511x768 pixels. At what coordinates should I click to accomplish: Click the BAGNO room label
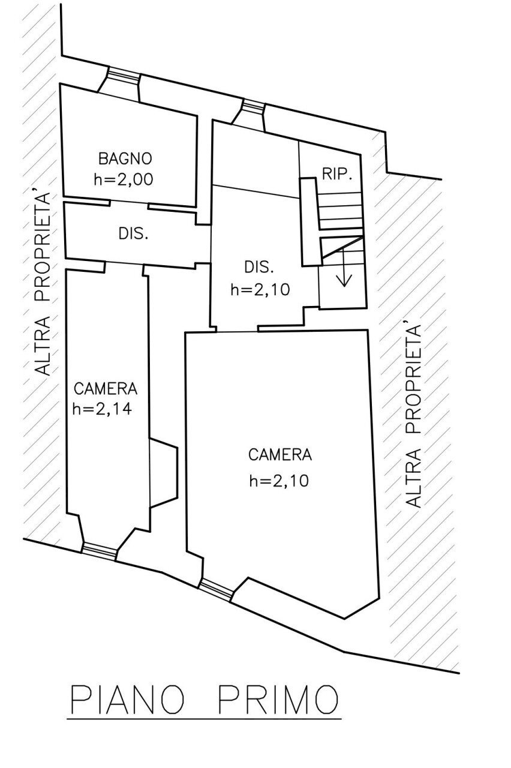125,159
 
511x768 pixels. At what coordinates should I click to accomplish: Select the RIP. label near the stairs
336,174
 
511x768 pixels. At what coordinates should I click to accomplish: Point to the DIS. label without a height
133,234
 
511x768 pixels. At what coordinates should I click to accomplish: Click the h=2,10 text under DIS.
260,289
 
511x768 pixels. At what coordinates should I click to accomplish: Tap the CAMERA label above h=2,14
105,389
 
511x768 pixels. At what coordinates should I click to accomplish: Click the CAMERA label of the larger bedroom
279,455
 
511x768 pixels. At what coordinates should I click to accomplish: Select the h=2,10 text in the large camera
279,481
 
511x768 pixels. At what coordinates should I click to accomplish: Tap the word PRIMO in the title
277,700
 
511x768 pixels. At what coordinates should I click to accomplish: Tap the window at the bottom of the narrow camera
99,550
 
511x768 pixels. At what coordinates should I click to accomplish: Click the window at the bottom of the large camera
215,590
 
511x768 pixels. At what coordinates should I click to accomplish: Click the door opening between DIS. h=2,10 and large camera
237,330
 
